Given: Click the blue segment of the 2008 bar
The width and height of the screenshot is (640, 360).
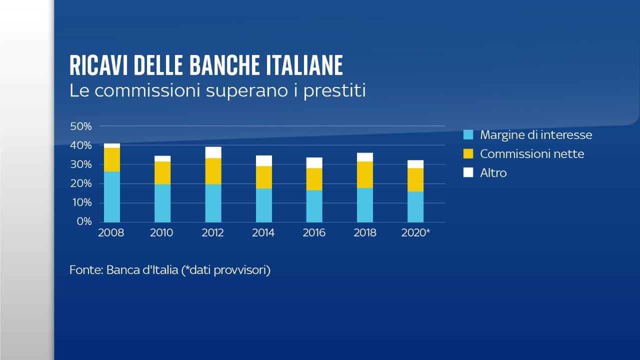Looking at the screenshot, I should click(112, 196).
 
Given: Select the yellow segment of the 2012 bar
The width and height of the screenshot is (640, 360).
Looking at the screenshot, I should click(213, 171).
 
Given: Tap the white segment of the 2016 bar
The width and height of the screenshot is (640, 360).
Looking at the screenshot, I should click(314, 162).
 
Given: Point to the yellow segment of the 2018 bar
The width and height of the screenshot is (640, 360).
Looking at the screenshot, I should click(365, 174).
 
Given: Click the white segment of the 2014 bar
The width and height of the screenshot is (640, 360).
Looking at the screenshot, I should click(264, 160).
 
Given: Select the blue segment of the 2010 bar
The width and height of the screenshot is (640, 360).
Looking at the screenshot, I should click(162, 203).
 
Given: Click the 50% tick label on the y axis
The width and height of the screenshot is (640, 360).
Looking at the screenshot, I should click(80, 126).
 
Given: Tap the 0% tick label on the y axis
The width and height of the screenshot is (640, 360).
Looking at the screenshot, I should click(83, 221).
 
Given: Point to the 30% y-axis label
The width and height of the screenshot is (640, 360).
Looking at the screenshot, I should click(80, 164).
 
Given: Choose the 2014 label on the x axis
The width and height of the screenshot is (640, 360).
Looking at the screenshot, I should click(263, 233).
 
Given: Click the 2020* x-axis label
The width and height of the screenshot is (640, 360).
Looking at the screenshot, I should click(416, 233).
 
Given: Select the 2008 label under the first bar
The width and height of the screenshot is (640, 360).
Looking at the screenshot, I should click(111, 233).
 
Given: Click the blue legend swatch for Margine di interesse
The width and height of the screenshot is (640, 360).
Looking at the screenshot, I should click(468, 135).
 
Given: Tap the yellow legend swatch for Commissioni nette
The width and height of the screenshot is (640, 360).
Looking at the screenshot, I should click(468, 154).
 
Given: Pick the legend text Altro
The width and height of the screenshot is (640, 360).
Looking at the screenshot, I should click(493, 173).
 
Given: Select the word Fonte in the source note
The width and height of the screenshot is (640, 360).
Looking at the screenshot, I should click(86, 270).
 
